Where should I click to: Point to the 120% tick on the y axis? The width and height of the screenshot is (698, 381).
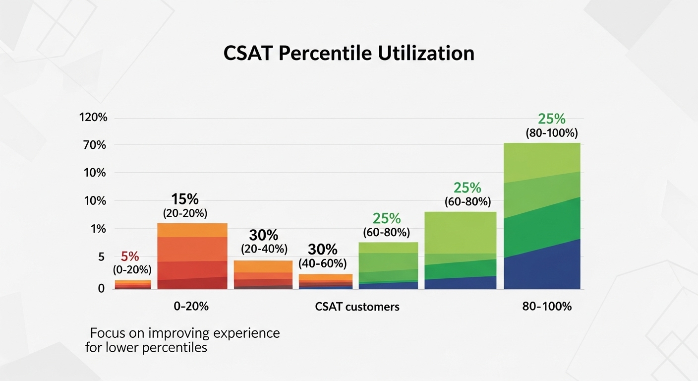coord(93,118)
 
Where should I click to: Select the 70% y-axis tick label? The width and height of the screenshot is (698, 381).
coord(95,145)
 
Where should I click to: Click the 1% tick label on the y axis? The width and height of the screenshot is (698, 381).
coord(98,229)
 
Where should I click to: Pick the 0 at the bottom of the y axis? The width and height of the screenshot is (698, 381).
coord(101,288)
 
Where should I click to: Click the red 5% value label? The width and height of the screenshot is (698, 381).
coord(130,257)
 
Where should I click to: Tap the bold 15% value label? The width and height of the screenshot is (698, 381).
coord(185,199)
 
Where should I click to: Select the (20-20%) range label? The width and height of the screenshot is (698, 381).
coord(185,214)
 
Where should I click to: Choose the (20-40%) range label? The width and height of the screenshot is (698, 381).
coord(264,248)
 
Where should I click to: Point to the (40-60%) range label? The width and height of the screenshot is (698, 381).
coord(323,263)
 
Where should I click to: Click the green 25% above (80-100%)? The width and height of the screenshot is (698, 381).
coord(551,119)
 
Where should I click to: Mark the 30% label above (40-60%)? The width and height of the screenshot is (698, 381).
coord(323,250)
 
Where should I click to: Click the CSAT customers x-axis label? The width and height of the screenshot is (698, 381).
coord(357,307)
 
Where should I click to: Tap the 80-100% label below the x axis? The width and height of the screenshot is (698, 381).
coord(547,307)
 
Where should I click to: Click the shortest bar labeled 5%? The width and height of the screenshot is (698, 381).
coord(133,284)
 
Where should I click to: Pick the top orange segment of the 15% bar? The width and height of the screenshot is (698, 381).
coord(192,230)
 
